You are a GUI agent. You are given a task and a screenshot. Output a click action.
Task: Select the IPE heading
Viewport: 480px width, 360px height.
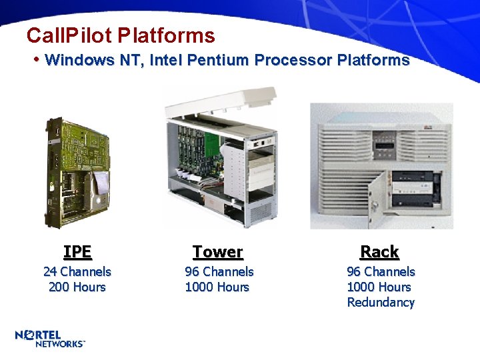click(77, 251)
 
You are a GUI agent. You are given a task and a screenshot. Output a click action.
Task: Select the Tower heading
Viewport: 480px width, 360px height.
click(218, 251)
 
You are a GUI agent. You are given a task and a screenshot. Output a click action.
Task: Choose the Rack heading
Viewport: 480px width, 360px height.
click(379, 251)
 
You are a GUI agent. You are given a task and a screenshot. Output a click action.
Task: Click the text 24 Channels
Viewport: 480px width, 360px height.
click(77, 271)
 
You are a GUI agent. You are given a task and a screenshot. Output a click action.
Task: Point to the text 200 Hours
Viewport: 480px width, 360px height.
click(77, 287)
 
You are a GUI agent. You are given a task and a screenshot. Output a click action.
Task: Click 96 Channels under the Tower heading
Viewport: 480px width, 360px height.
click(219, 271)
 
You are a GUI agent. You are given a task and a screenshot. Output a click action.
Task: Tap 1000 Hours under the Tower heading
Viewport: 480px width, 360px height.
click(217, 287)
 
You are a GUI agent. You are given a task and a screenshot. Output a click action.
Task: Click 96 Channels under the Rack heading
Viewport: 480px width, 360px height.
click(381, 271)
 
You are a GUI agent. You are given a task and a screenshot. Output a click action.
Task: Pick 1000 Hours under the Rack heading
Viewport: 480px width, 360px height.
click(379, 287)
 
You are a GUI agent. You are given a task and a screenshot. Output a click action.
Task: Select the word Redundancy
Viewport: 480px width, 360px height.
click(381, 302)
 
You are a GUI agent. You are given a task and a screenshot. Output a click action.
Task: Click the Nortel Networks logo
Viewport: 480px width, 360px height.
click(50, 338)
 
